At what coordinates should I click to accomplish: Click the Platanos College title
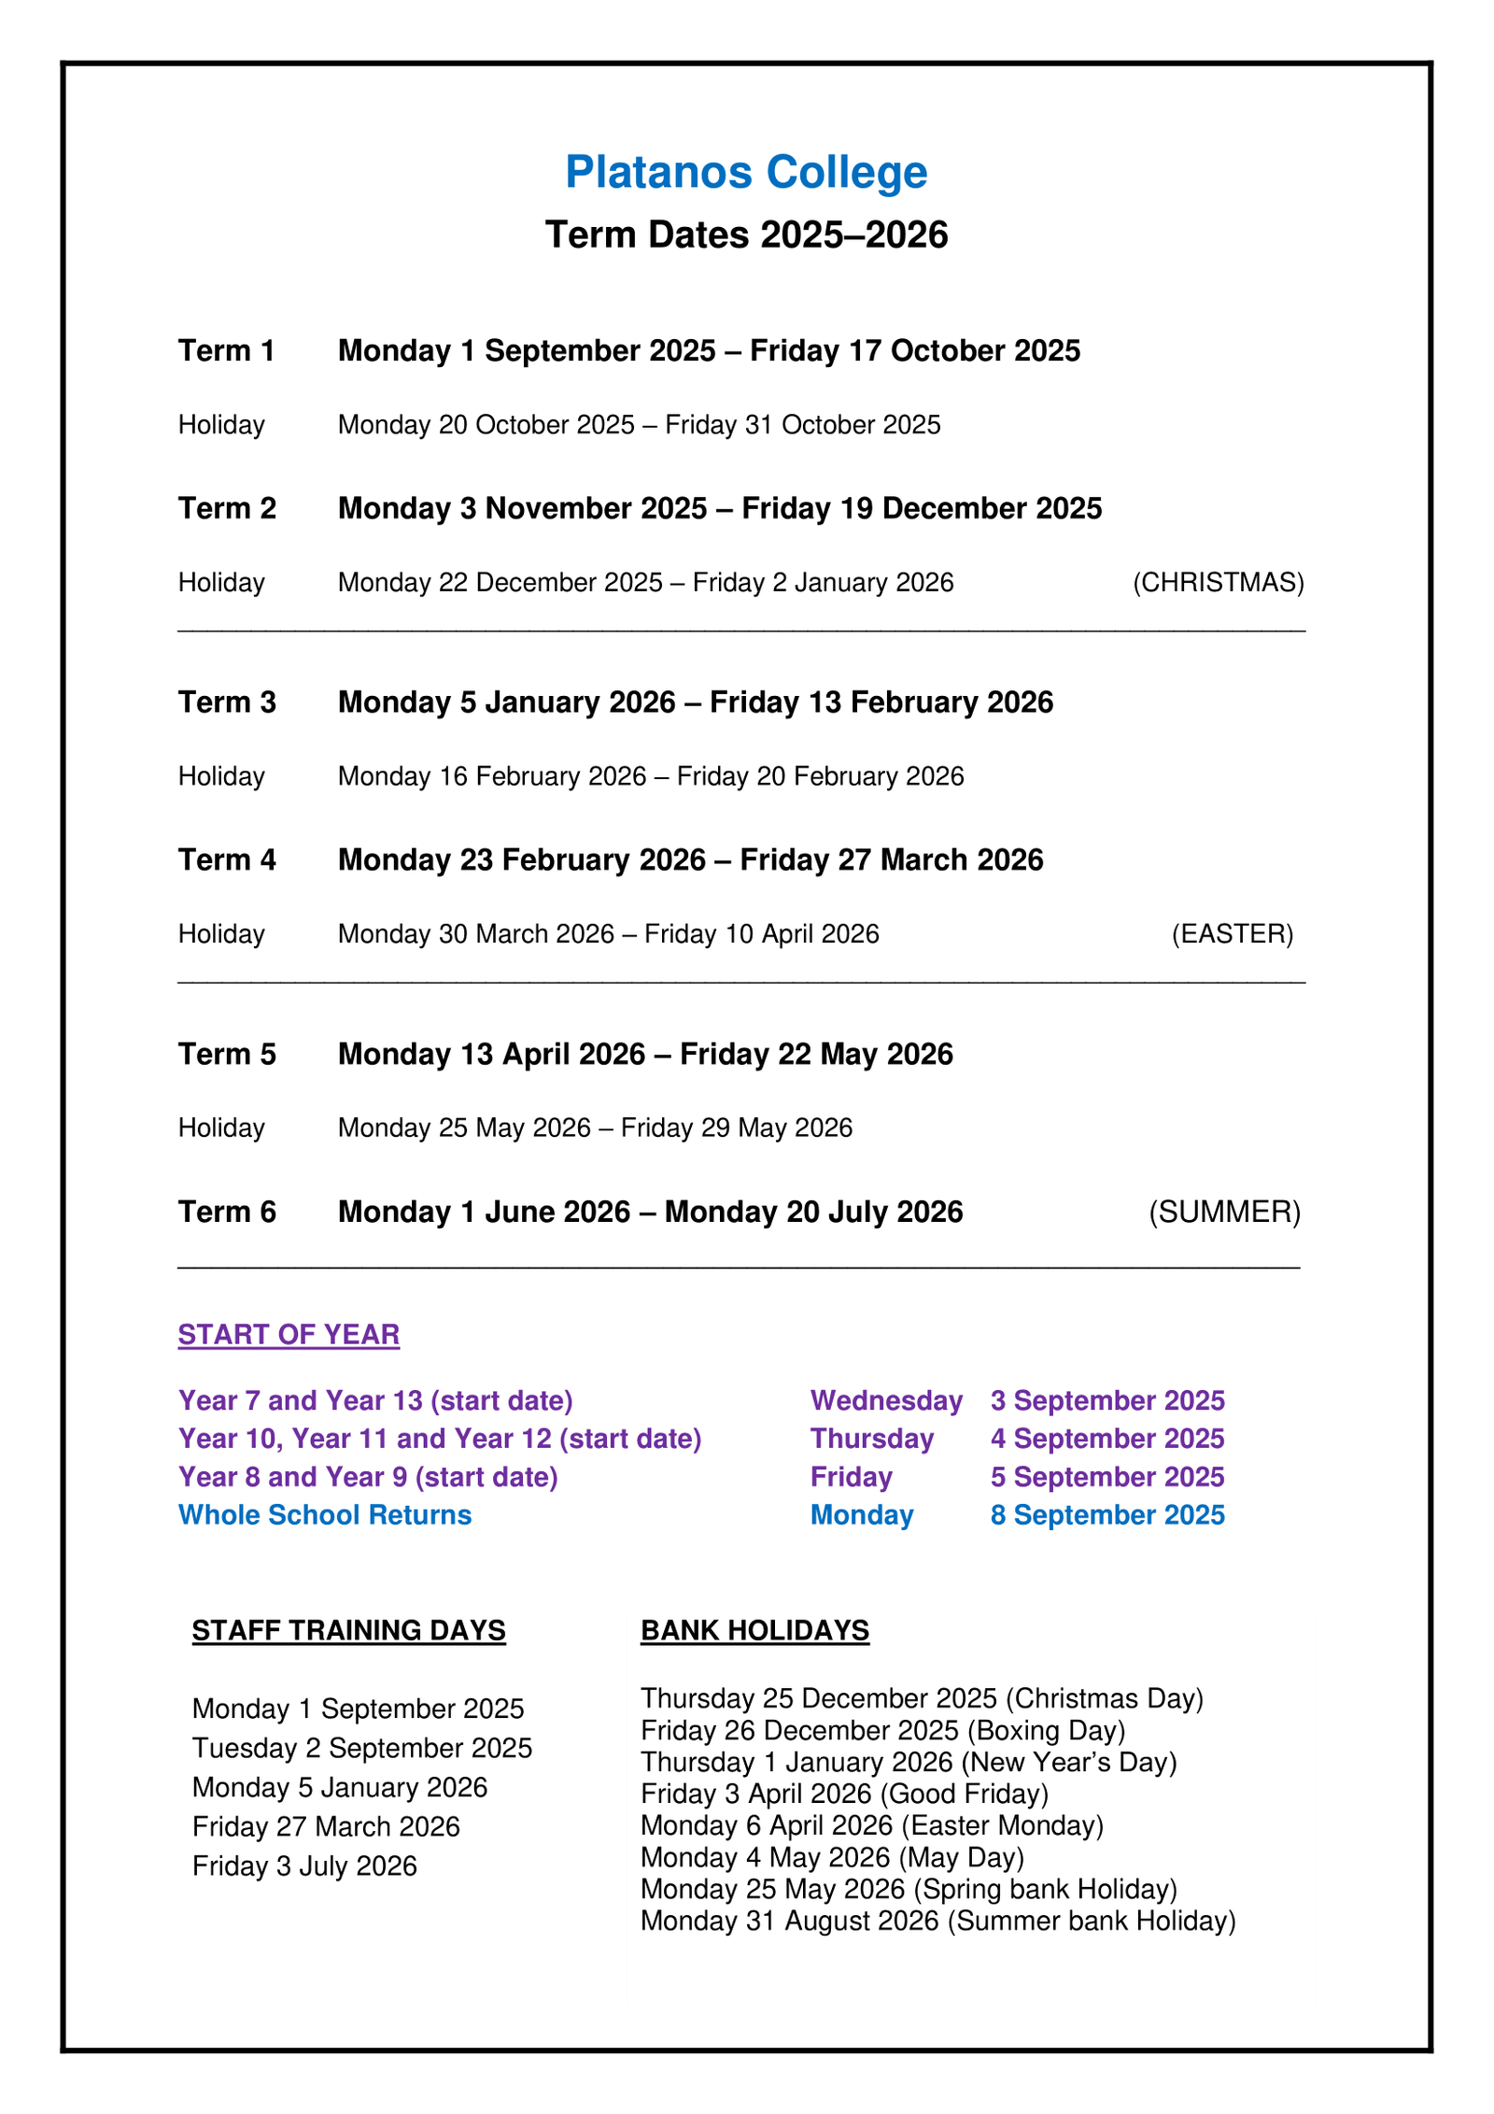pos(746,173)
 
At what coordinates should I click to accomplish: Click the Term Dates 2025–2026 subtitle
pos(746,234)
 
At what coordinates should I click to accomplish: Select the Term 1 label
pos(227,351)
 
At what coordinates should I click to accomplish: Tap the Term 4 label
pos(227,860)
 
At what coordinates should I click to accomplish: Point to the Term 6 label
pos(227,1213)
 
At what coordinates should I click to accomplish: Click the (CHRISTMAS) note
pos(1218,583)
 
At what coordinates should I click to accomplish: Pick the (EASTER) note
pos(1232,934)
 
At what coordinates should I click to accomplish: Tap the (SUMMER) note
pos(1224,1213)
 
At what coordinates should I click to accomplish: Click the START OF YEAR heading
pos(289,1335)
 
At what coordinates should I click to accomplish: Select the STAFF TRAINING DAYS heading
pos(348,1630)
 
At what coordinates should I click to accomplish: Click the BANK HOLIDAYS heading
pos(754,1630)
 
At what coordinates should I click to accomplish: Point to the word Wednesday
pos(886,1401)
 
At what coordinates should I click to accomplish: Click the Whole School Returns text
pos(325,1515)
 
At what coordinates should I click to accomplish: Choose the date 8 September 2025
pos(1107,1515)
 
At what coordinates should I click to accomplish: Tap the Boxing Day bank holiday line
pos(882,1731)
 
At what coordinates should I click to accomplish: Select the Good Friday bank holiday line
pos(844,1795)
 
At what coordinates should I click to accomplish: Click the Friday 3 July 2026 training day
pos(304,1866)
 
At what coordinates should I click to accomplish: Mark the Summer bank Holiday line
pos(937,1922)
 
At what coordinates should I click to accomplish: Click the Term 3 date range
pos(695,702)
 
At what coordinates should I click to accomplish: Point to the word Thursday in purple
pos(871,1440)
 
